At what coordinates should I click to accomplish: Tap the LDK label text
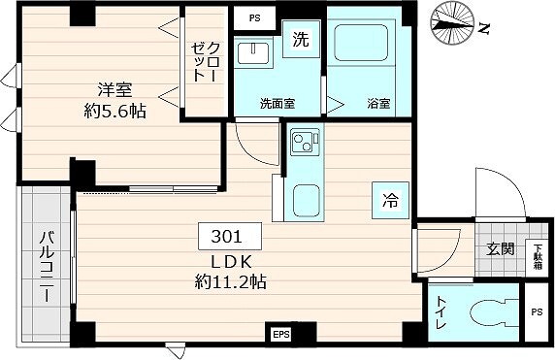[230, 263]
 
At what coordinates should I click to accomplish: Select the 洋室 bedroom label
[113, 90]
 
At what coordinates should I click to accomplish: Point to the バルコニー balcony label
[46, 265]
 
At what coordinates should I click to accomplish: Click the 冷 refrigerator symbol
[389, 201]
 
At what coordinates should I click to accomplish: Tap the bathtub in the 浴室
[361, 45]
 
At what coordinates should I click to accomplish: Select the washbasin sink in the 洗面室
[256, 52]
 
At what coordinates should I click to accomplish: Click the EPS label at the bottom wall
[281, 335]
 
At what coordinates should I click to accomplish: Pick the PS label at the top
[255, 17]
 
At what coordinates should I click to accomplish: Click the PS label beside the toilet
[537, 312]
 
